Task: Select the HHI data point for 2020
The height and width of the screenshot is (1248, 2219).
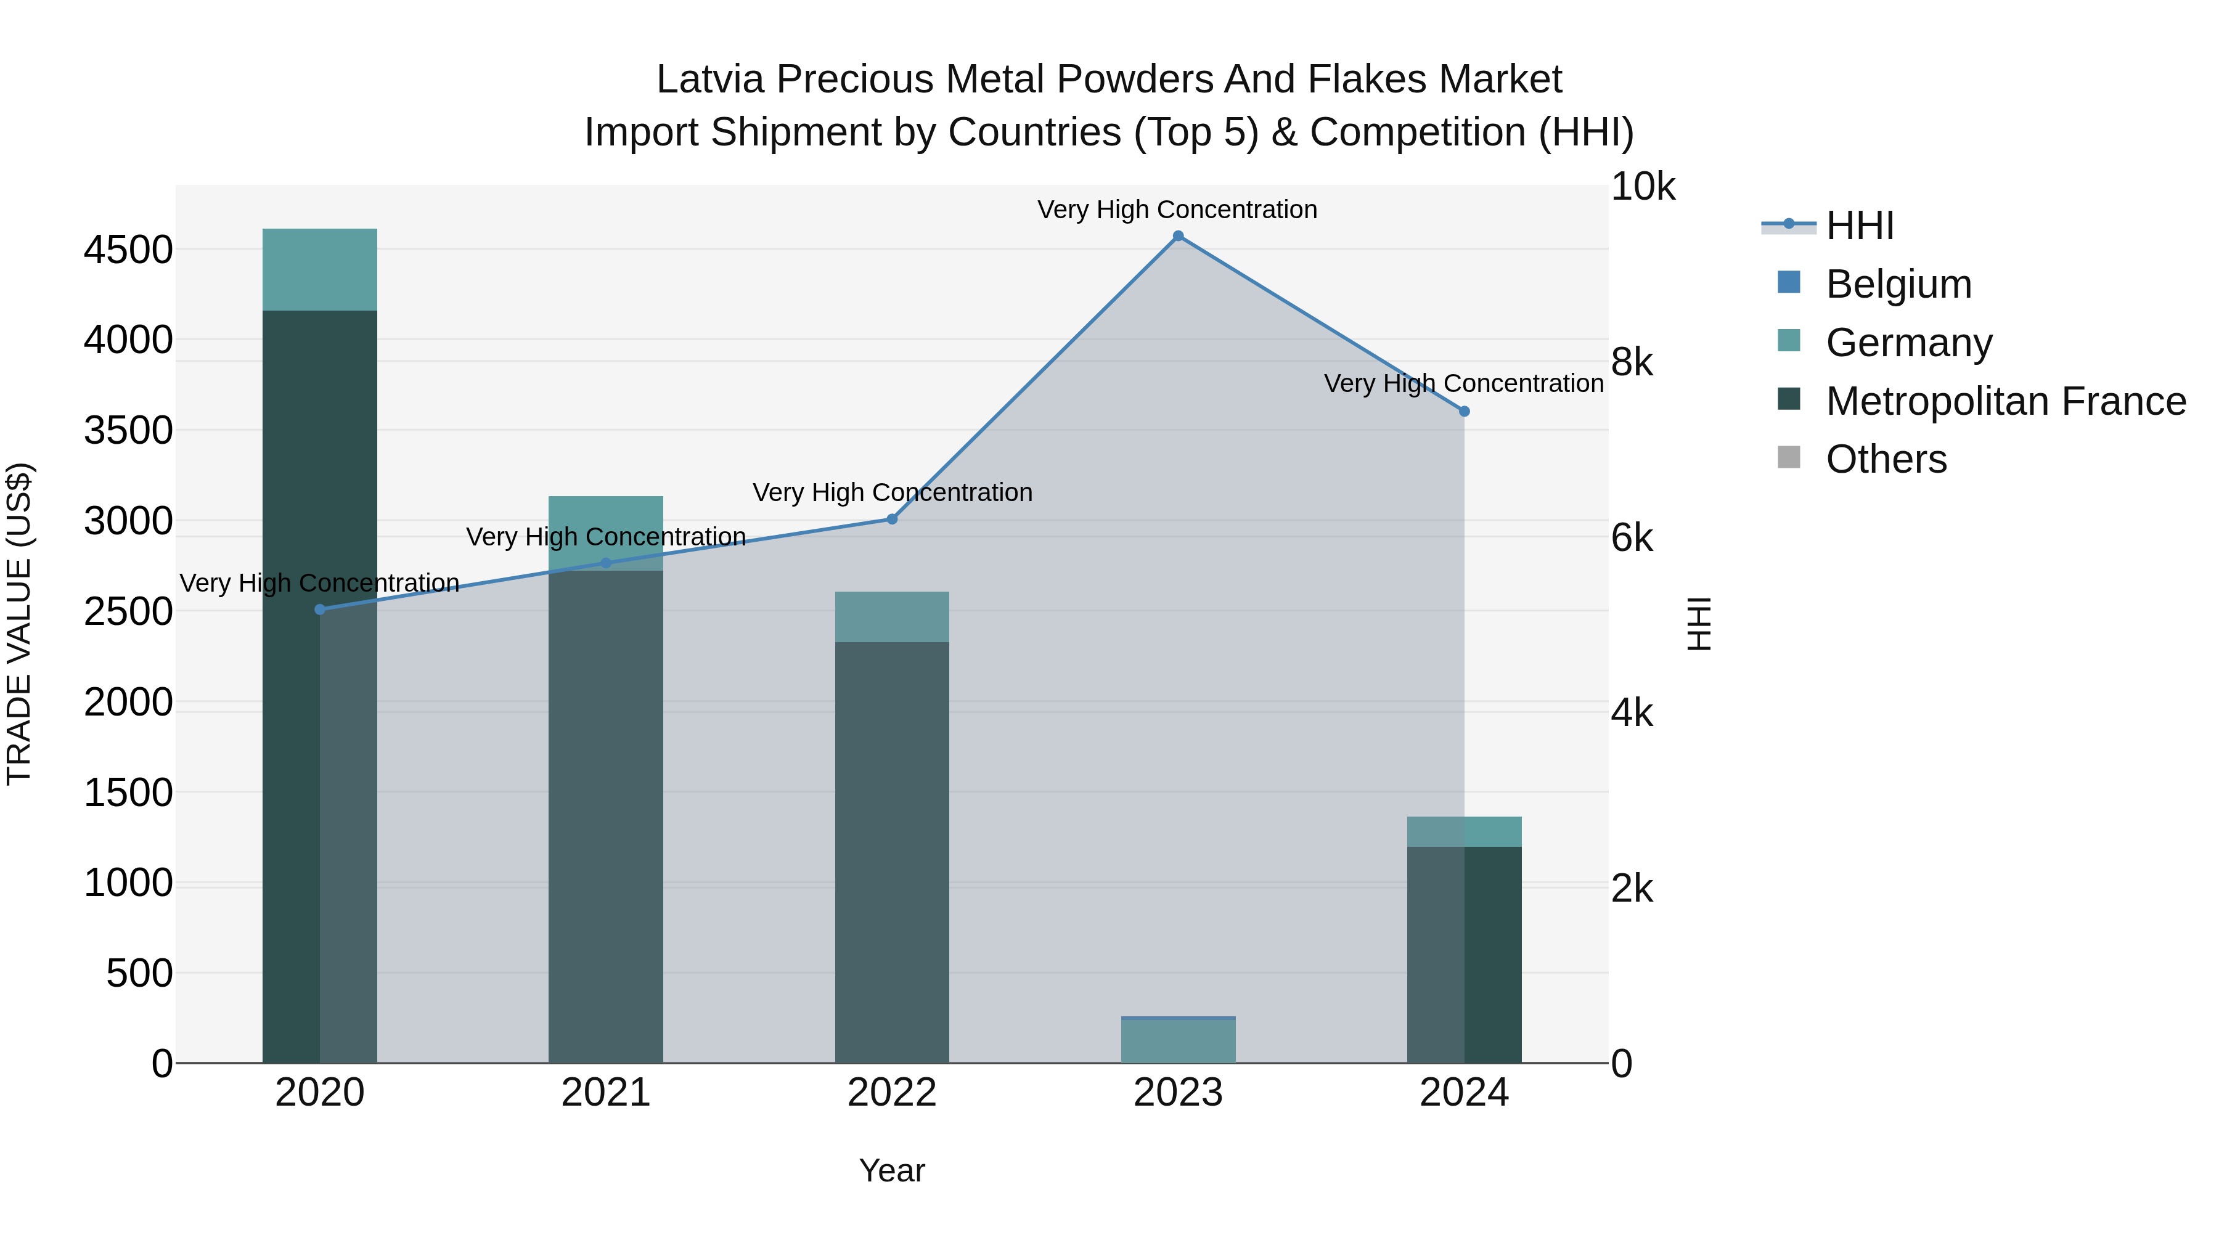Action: pyautogui.click(x=319, y=609)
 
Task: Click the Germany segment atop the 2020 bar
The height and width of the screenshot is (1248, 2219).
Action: pyautogui.click(x=319, y=269)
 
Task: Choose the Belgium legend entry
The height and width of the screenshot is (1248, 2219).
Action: pyautogui.click(x=1898, y=284)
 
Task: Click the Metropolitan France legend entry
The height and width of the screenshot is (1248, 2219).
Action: pyautogui.click(x=2004, y=401)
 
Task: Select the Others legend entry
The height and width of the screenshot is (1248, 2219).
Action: pyautogui.click(x=1886, y=459)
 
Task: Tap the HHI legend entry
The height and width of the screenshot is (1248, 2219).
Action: pyautogui.click(x=1859, y=226)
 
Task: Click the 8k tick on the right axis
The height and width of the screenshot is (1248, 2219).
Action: pyautogui.click(x=1632, y=362)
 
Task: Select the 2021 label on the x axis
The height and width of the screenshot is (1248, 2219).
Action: pyautogui.click(x=605, y=1093)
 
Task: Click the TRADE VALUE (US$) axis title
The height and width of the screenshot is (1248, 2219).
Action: pyautogui.click(x=20, y=624)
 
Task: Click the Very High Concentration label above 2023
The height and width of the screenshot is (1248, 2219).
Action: pyautogui.click(x=1177, y=210)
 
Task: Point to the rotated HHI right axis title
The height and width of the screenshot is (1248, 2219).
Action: pyautogui.click(x=1699, y=624)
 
